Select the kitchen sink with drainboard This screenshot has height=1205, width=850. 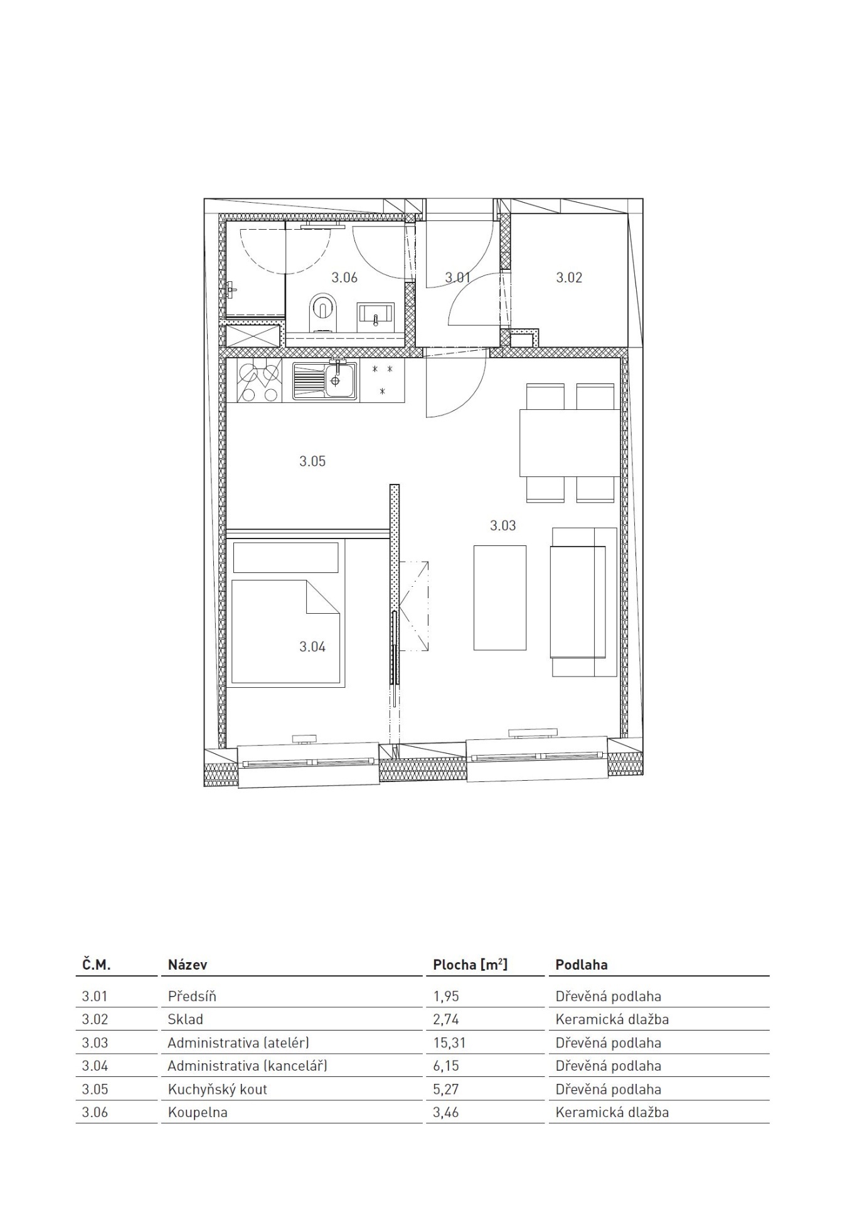tap(325, 380)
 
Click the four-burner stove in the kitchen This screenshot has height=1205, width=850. tap(258, 380)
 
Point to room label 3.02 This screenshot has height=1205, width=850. tap(569, 277)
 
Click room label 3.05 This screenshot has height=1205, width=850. tap(312, 461)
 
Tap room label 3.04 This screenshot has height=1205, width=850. tap(312, 647)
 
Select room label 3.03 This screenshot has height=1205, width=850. tap(503, 525)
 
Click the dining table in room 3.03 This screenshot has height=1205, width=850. tap(569, 442)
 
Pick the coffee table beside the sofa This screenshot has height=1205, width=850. tap(500, 597)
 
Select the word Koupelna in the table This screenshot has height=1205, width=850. tap(198, 1112)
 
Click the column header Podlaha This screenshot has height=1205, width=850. tap(582, 965)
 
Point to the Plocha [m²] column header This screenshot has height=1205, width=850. tap(470, 965)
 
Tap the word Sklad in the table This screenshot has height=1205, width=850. tap(186, 1019)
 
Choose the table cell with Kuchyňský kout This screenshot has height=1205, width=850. tap(217, 1089)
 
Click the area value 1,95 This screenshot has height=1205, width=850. tap(446, 996)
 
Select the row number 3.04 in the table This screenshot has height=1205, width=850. tap(95, 1066)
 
